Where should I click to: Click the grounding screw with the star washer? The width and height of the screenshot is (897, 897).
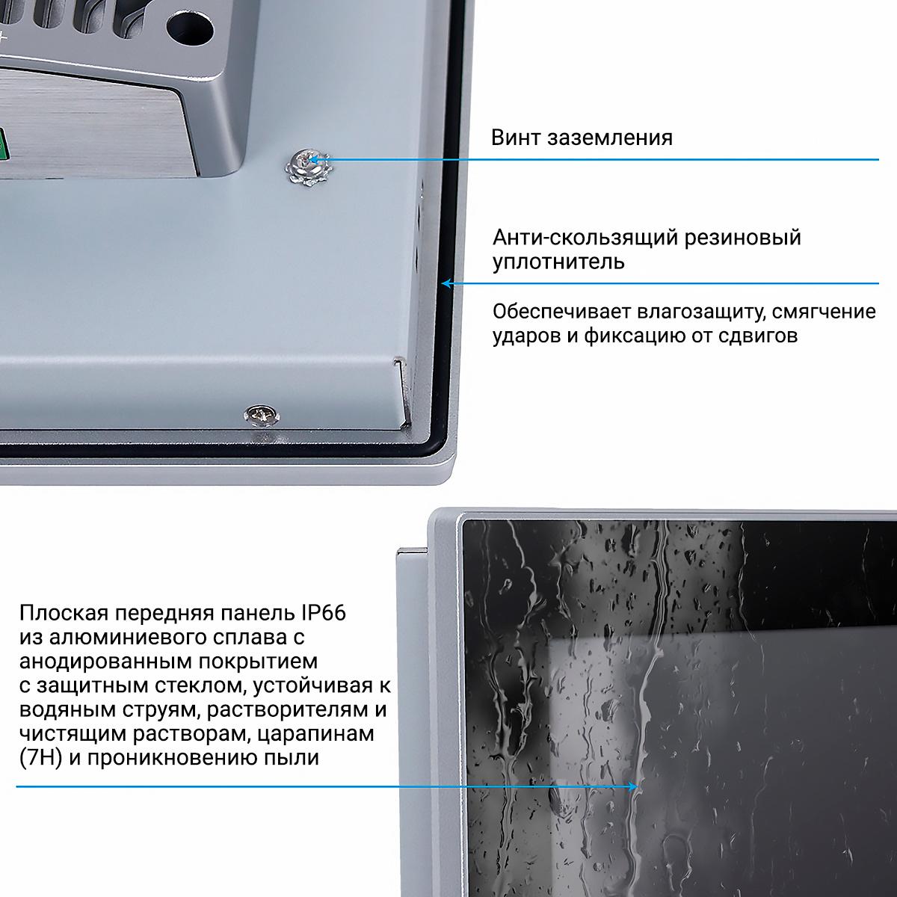(309, 167)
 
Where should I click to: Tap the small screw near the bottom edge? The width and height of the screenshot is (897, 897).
(262, 414)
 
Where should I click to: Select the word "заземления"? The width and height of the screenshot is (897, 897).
(610, 139)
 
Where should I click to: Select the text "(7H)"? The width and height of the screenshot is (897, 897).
(41, 758)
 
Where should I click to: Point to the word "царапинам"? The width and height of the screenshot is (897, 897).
(316, 734)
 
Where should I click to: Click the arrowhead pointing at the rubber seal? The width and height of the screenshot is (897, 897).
(447, 283)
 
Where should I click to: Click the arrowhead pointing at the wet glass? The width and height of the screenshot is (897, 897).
(632, 786)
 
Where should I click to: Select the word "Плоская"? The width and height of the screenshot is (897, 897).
(64, 614)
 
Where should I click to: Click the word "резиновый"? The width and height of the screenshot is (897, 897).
(743, 238)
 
